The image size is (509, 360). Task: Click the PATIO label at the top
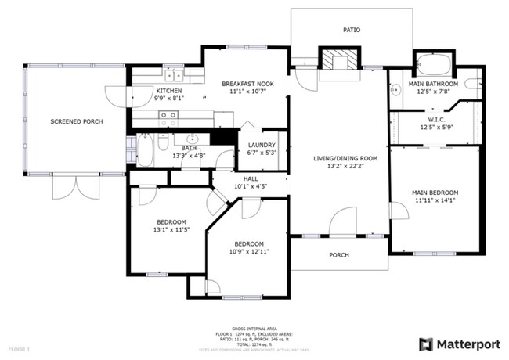[352, 30]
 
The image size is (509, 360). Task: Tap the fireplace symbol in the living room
[339, 60]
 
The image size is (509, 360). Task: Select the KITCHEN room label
[146, 91]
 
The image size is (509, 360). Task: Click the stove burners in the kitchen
[168, 118]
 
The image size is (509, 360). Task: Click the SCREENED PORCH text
[76, 121]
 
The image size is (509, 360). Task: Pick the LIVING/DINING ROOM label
[345, 159]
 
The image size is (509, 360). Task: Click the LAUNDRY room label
[261, 145]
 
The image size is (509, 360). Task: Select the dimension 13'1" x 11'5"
[171, 230]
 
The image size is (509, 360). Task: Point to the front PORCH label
[338, 255]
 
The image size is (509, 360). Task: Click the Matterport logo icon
[426, 344]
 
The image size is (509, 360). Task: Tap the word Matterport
[468, 344]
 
